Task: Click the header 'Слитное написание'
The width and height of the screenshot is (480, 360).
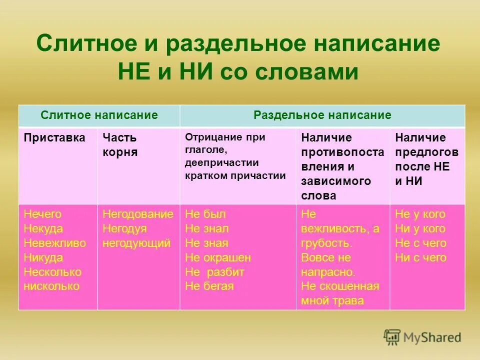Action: (99, 115)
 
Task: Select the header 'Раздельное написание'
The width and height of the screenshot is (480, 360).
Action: (322, 115)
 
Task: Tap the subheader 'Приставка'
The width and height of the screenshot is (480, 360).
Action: (54, 137)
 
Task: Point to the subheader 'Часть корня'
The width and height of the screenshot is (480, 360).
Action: (120, 145)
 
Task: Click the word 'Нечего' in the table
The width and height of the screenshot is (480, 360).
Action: (42, 214)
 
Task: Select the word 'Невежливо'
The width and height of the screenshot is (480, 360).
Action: (54, 243)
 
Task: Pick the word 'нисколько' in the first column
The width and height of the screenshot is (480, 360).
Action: (51, 286)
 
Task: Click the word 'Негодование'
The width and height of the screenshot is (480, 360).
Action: (138, 214)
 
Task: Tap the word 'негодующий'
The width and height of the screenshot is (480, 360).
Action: (136, 243)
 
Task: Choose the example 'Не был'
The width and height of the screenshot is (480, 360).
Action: (205, 214)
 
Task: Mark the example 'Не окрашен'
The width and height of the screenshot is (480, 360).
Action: (218, 258)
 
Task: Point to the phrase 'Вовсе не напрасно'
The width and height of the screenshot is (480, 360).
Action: (328, 265)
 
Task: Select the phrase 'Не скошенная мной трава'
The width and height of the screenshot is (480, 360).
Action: (340, 293)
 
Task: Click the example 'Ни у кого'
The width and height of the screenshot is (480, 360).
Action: (420, 229)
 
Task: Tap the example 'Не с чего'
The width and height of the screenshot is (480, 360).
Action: (420, 243)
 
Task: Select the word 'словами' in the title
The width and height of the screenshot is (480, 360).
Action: (307, 72)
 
